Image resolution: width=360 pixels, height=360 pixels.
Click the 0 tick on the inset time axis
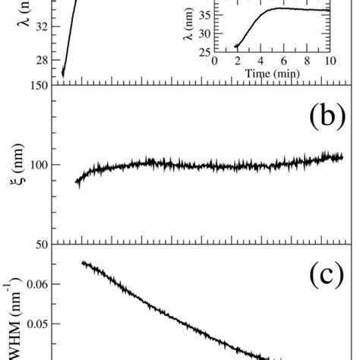click(x=215, y=61)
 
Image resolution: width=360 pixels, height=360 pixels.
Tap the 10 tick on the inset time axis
click(x=330, y=61)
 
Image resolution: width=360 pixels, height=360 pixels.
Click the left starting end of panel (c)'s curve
click(x=82, y=262)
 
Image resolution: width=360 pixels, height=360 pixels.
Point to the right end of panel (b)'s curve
click(x=343, y=156)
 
